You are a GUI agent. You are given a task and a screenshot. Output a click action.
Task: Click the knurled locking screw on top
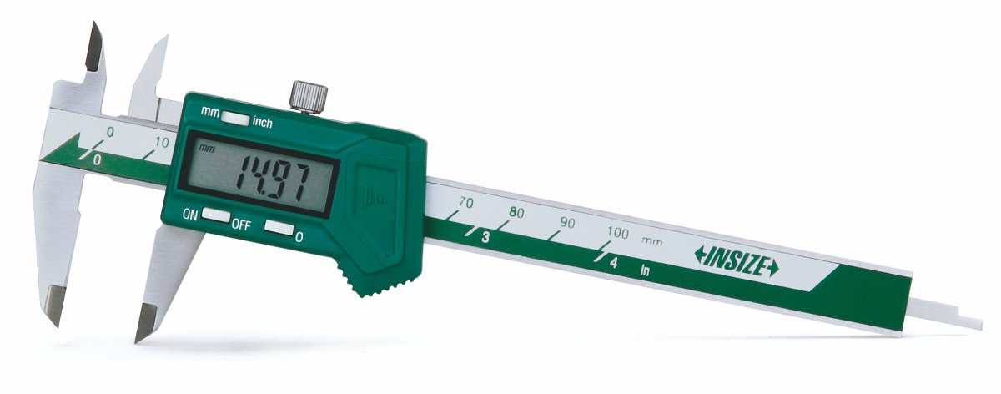pyautogui.click(x=309, y=95)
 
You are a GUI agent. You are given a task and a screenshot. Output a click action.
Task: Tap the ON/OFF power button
pyautogui.click(x=216, y=215)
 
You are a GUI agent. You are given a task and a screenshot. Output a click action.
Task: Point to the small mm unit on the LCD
pyautogui.click(x=207, y=148)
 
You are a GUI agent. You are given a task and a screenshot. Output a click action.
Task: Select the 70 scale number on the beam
pyautogui.click(x=466, y=203)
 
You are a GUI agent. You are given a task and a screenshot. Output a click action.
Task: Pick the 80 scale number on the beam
pyautogui.click(x=516, y=212)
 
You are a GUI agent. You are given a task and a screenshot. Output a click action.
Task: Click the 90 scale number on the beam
pyautogui.click(x=567, y=223)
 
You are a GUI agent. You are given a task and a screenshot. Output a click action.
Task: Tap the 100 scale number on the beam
pyautogui.click(x=617, y=233)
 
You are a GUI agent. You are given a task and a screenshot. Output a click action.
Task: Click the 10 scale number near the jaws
pyautogui.click(x=161, y=143)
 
